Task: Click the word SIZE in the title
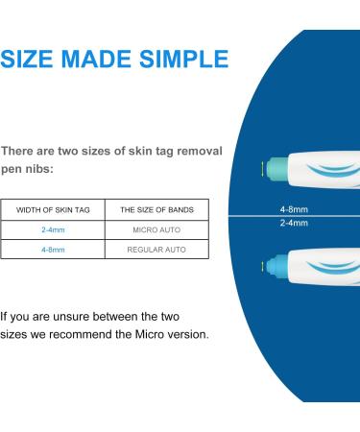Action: tap(32, 60)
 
